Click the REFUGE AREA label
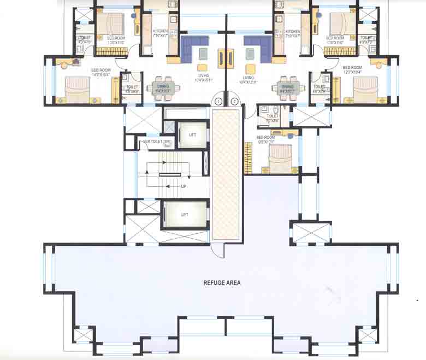[x=222, y=283]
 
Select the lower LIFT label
[x=185, y=215]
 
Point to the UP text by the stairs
[x=184, y=186]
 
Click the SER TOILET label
[x=153, y=142]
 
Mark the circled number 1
[x=218, y=101]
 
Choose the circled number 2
[x=234, y=101]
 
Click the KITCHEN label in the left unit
[x=161, y=32]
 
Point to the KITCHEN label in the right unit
[x=292, y=32]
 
